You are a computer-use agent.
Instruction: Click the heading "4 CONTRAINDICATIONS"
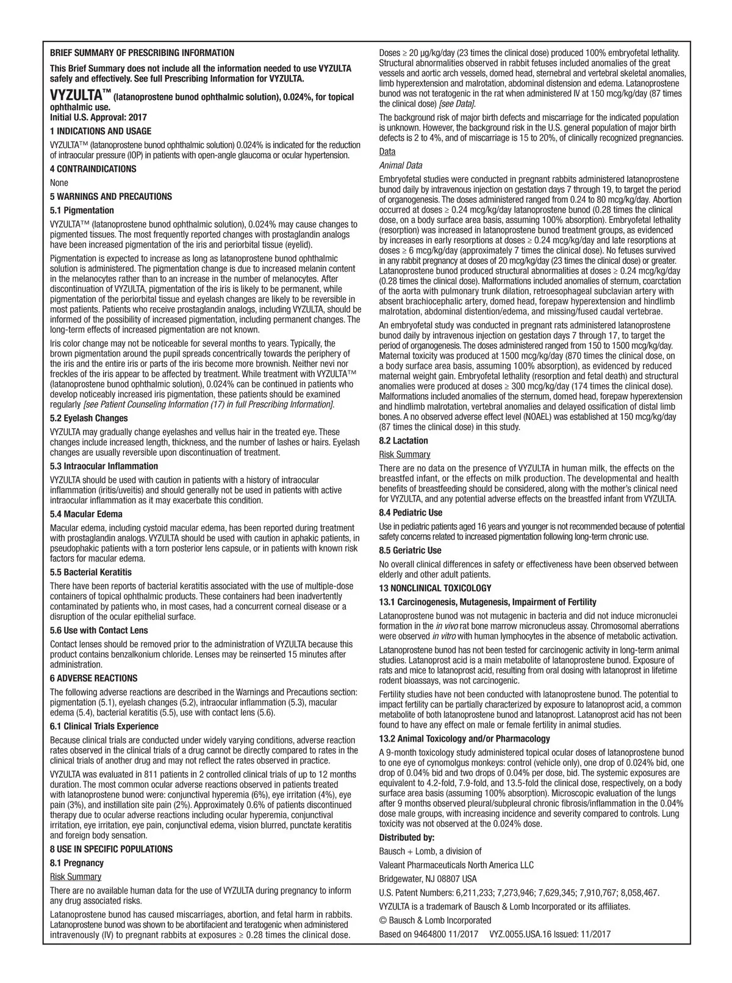point(93,169)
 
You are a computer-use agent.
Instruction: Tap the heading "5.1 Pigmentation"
point(82,210)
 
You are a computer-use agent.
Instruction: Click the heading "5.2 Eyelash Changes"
point(88,418)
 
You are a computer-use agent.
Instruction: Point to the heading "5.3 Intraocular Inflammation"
point(104,466)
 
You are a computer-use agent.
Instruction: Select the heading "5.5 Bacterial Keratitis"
point(91,572)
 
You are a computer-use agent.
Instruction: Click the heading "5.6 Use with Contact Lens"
point(98,630)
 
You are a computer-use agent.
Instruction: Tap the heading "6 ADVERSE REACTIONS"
point(93,678)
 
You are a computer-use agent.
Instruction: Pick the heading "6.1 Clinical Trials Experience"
point(104,726)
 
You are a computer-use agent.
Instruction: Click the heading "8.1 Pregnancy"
point(77,862)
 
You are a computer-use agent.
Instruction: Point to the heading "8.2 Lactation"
point(403,441)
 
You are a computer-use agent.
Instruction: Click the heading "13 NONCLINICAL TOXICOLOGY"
point(435,588)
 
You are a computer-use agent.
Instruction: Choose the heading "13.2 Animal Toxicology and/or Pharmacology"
point(464,738)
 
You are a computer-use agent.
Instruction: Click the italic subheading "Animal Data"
point(400,165)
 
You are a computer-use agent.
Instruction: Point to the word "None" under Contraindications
point(59,183)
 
